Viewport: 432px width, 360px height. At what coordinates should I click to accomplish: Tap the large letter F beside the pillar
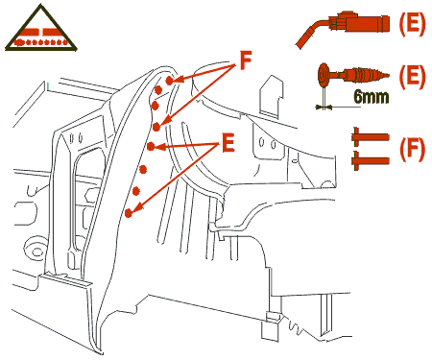tap(246, 60)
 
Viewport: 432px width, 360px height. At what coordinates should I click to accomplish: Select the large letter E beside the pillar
tap(228, 143)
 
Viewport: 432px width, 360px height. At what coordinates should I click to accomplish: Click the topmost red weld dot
tap(170, 81)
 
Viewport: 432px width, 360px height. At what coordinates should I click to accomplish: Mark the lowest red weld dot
tap(129, 213)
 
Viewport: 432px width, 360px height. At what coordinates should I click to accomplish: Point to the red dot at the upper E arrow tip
tap(151, 147)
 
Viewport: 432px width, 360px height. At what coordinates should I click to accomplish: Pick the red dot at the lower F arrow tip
tap(156, 127)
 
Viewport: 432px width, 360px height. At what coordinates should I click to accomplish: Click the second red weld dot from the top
tap(158, 90)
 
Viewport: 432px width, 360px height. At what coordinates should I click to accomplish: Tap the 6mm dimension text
tap(372, 96)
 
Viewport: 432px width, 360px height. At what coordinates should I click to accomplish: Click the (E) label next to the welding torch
tap(413, 24)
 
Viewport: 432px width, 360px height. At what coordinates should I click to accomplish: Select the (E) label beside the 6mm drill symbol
tap(413, 76)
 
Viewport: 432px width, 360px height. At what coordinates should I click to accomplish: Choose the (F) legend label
tap(413, 149)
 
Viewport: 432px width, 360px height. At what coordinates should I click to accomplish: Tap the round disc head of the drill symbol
tap(324, 76)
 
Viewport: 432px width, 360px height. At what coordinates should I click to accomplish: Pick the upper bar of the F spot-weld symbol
tap(371, 137)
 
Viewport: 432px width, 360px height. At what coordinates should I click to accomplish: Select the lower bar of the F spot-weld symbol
tap(371, 160)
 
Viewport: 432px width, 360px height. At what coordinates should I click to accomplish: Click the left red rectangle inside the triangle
tap(31, 32)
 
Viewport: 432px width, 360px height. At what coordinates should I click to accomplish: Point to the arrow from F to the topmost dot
tap(206, 72)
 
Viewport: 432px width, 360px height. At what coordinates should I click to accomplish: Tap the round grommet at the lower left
tap(35, 248)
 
